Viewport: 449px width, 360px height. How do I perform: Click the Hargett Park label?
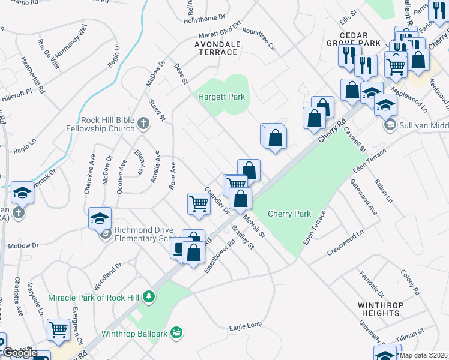pos(222,97)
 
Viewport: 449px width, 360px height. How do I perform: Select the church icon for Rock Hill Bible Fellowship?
pos(143,124)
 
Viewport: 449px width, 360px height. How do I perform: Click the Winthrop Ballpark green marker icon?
pos(176,331)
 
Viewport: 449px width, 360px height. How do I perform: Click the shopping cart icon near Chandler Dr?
pos(198,203)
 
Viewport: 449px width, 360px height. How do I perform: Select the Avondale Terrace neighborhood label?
pos(217,48)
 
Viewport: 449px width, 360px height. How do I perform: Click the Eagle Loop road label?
pos(246,325)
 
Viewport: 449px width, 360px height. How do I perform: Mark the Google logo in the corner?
pos(20,353)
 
